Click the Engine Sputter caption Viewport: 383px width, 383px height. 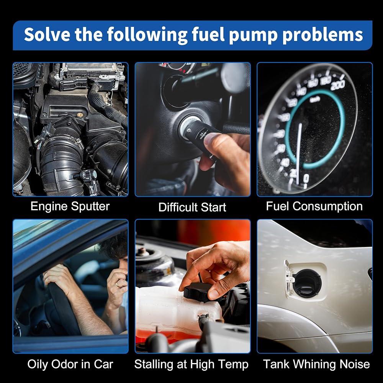(70, 206)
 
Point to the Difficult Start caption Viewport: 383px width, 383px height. (192, 207)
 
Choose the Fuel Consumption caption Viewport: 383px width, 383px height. (314, 206)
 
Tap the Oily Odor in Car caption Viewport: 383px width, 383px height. (70, 365)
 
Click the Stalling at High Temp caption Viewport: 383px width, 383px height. (191, 365)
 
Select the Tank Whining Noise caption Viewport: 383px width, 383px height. (317, 364)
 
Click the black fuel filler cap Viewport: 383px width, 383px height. (307, 283)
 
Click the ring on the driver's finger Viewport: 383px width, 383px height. (118, 284)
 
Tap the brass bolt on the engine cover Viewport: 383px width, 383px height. (79, 114)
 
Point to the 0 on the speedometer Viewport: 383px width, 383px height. (306, 178)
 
